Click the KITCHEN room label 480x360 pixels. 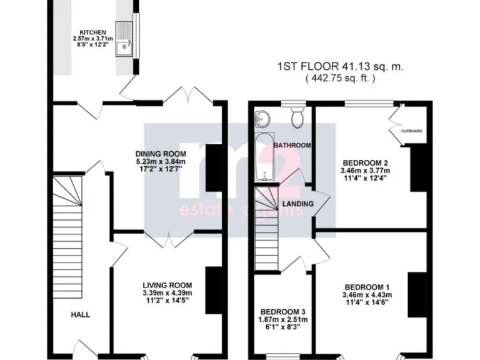[x=91, y=32]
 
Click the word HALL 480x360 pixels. [x=79, y=314]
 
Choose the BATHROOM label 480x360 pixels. [x=292, y=145]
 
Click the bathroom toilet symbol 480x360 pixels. [x=297, y=116]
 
